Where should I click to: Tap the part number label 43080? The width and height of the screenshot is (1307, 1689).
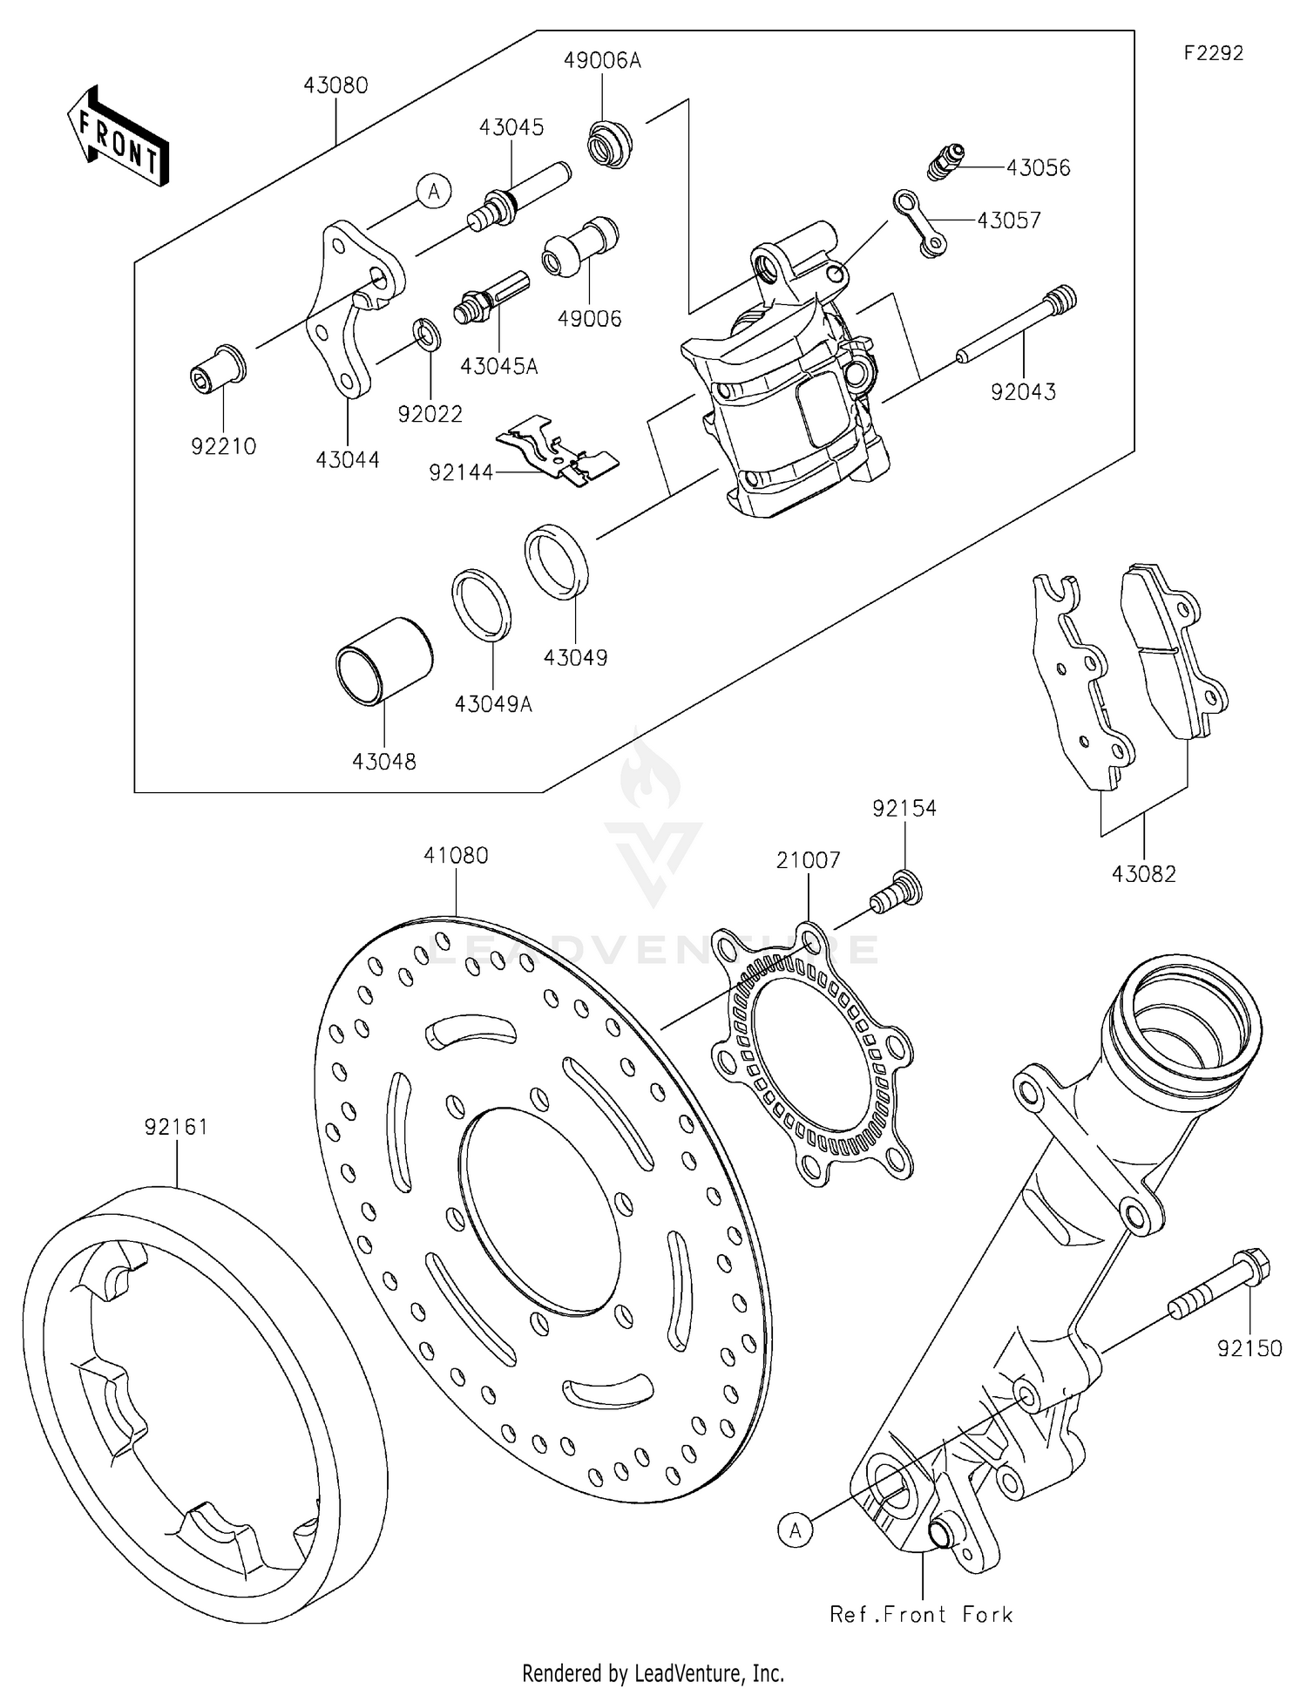(x=335, y=85)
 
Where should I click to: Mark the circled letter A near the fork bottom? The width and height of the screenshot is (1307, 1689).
(x=795, y=1529)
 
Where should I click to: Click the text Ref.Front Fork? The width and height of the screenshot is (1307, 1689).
(x=921, y=1615)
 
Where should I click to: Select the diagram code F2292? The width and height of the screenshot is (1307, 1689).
(x=1213, y=53)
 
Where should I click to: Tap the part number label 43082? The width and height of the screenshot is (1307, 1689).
(x=1143, y=873)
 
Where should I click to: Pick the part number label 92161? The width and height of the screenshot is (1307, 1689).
(x=176, y=1127)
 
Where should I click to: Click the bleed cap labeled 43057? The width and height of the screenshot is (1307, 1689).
(x=920, y=222)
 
